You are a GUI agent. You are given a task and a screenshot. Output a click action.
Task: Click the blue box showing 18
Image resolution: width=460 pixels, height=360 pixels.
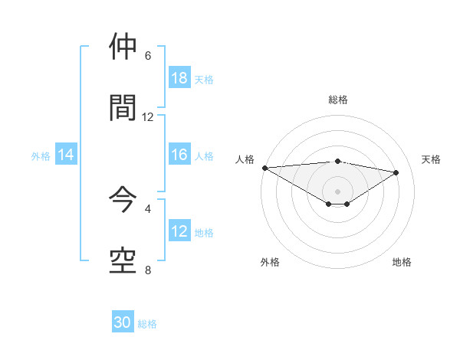pyautogui.click(x=179, y=78)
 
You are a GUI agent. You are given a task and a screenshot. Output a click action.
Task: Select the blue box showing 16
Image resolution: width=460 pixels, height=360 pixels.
pyautogui.click(x=179, y=155)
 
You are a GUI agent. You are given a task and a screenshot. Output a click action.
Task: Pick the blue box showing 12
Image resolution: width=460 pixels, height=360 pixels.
pyautogui.click(x=179, y=232)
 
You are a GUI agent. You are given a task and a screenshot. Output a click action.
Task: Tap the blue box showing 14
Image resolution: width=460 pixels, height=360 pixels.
pyautogui.click(x=66, y=155)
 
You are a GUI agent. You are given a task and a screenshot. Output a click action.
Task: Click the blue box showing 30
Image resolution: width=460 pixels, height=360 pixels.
pyautogui.click(x=123, y=323)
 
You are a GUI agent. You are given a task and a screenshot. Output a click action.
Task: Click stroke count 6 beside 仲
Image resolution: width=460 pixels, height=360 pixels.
pyautogui.click(x=148, y=56)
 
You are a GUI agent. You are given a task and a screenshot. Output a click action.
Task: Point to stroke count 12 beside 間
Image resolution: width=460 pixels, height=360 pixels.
pyautogui.click(x=148, y=116)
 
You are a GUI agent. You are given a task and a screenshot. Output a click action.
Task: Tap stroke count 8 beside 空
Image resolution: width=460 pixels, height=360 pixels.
pyautogui.click(x=148, y=270)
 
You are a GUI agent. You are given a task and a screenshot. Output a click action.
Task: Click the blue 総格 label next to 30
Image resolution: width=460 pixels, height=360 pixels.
pyautogui.click(x=147, y=324)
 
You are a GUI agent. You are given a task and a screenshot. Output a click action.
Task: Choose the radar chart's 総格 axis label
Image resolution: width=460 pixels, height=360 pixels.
pyautogui.click(x=337, y=100)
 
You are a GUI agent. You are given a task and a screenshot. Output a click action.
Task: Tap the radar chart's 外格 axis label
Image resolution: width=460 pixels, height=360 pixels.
pyautogui.click(x=270, y=262)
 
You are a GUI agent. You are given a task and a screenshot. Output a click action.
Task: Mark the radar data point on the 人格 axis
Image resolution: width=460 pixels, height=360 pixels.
pyautogui.click(x=264, y=168)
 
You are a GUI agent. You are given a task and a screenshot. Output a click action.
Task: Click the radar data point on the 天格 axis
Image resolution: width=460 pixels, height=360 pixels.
pyautogui.click(x=396, y=172)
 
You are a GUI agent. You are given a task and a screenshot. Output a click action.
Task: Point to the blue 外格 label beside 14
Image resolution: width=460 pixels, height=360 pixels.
pyautogui.click(x=41, y=156)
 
